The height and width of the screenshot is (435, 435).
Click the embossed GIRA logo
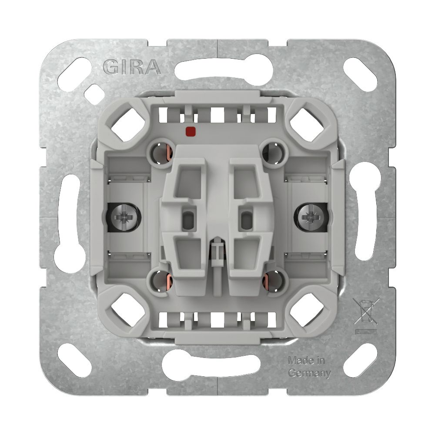click(132, 67)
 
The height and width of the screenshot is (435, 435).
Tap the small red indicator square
click(191, 130)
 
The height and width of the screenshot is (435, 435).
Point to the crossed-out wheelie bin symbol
click(366, 311)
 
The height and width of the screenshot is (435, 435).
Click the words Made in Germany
click(309, 367)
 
